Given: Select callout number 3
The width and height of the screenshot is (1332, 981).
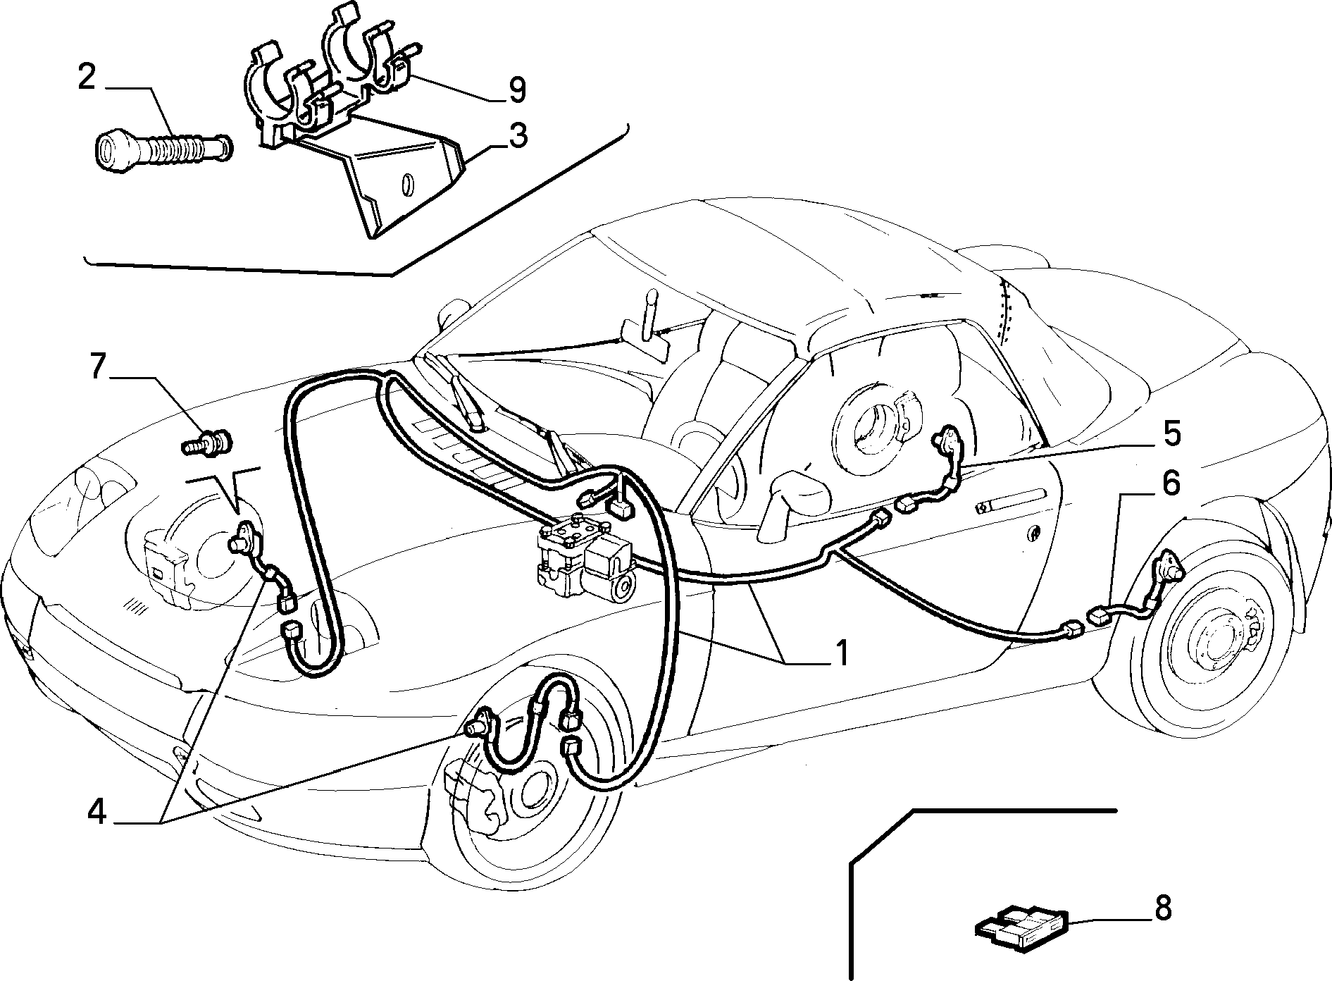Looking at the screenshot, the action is (x=518, y=135).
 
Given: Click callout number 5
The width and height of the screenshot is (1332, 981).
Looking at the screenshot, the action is (x=1171, y=433).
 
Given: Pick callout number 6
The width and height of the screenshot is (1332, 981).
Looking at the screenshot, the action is (x=1170, y=483).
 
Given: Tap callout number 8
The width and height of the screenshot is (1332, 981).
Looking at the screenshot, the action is (x=1163, y=908).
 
